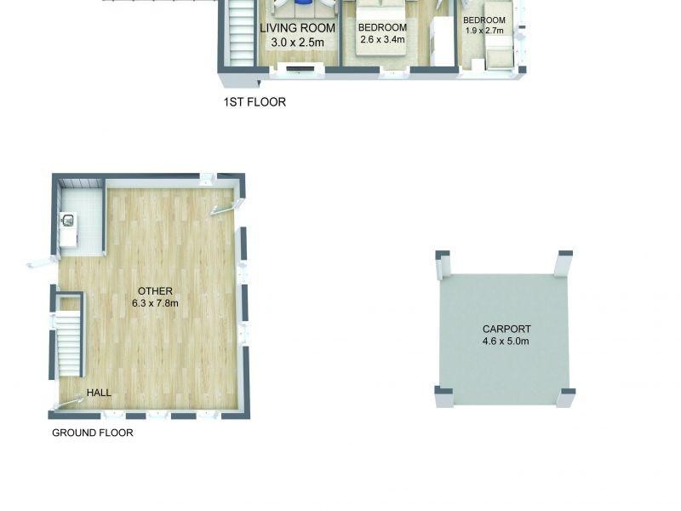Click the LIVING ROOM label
pyautogui.click(x=297, y=28)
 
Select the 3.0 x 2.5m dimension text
pyautogui.click(x=297, y=42)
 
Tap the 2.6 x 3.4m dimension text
pyautogui.click(x=383, y=39)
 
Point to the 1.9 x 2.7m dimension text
pyautogui.click(x=484, y=31)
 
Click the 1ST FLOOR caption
pyautogui.click(x=255, y=102)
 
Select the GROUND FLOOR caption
pyautogui.click(x=93, y=433)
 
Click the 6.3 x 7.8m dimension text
pyautogui.click(x=155, y=303)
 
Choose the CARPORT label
pyautogui.click(x=506, y=329)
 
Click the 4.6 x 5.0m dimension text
pyautogui.click(x=506, y=342)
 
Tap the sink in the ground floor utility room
pyautogui.click(x=68, y=221)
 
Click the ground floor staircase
pyautogui.click(x=69, y=345)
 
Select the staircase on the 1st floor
pyautogui.click(x=240, y=34)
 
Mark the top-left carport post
pyautogui.click(x=442, y=264)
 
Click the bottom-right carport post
pyautogui.click(x=566, y=396)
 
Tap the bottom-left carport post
pyautogui.click(x=444, y=395)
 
